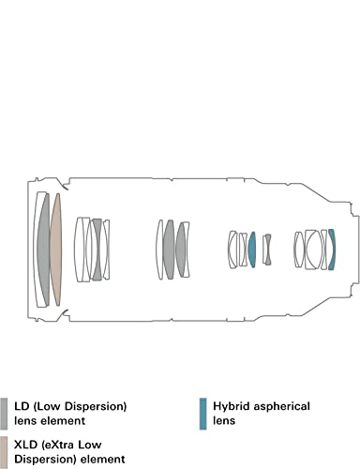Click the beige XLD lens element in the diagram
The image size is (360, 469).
click(56, 250)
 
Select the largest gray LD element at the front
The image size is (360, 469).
click(44, 250)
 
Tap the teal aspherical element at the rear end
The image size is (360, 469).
click(332, 250)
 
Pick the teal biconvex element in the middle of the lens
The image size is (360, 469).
click(252, 250)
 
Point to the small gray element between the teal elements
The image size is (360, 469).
click(267, 250)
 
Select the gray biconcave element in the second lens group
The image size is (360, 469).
click(97, 250)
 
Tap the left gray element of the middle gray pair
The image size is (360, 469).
click(169, 250)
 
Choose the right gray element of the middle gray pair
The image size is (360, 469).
click(181, 250)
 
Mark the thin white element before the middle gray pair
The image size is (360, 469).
click(159, 250)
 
